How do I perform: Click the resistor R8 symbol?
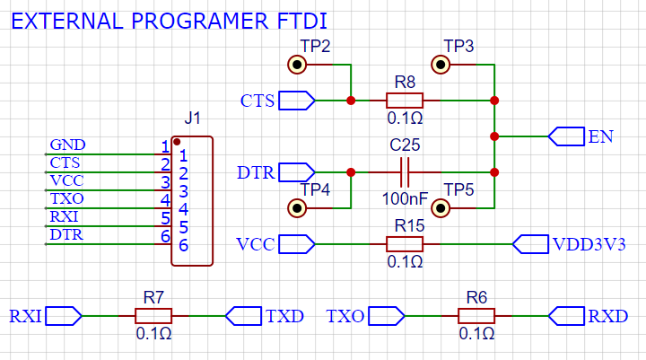click(x=405, y=101)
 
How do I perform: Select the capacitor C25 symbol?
click(x=405, y=171)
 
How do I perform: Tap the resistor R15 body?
click(x=405, y=244)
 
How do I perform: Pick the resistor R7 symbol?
click(x=153, y=316)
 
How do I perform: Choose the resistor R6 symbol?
click(x=476, y=316)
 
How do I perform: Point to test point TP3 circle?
click(x=441, y=65)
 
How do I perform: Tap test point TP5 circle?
click(x=441, y=208)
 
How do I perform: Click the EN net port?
click(x=566, y=136)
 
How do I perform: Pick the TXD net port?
click(x=243, y=316)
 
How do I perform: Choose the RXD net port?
click(x=566, y=316)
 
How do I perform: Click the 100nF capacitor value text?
click(x=405, y=197)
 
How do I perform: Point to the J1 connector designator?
click(x=192, y=119)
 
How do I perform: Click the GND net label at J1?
click(x=67, y=145)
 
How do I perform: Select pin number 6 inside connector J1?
click(x=183, y=245)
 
